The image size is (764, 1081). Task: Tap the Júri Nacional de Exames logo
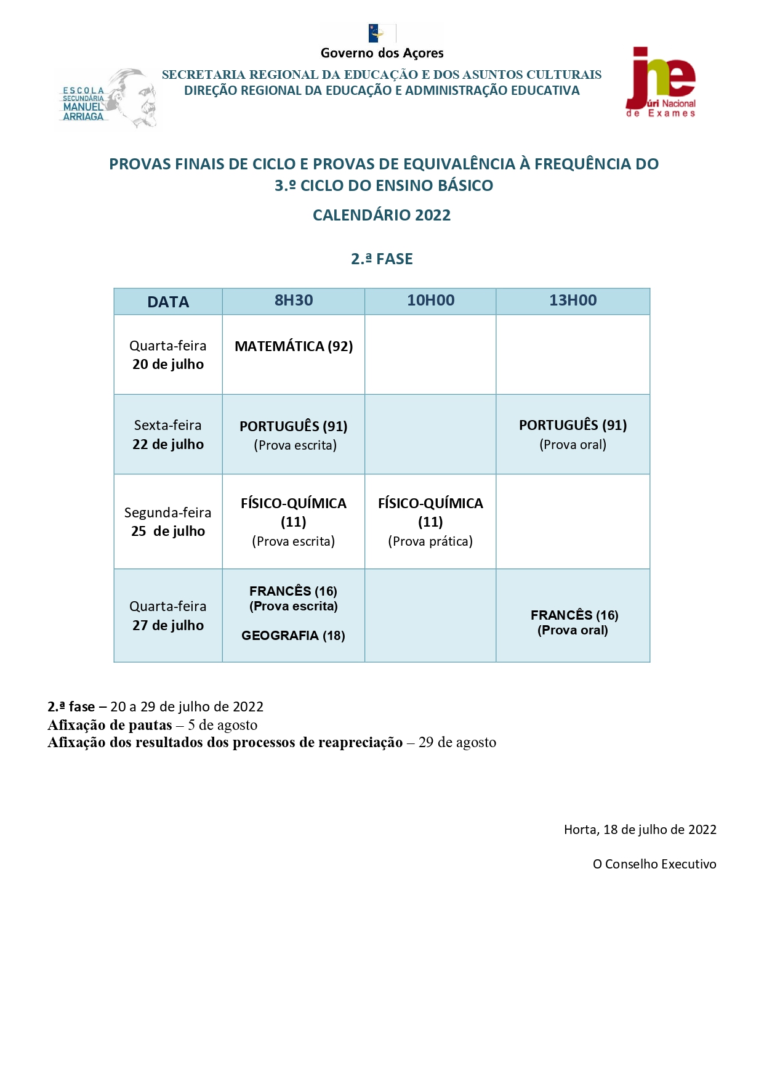click(661, 83)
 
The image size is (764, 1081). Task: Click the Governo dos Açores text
click(382, 53)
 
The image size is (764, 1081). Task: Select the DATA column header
click(168, 302)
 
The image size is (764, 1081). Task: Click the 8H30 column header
click(294, 301)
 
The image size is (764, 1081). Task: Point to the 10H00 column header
click(430, 301)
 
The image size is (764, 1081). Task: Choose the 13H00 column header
click(573, 301)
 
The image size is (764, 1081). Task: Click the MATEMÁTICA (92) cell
click(294, 346)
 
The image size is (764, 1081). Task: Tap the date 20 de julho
click(168, 365)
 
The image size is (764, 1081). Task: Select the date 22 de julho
click(168, 444)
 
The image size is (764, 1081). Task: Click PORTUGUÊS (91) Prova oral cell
click(573, 434)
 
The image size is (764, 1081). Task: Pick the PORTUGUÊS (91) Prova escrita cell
click(294, 435)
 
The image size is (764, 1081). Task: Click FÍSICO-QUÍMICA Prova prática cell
click(430, 522)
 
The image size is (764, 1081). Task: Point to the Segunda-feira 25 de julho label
click(168, 522)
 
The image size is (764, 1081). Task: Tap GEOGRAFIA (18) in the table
click(293, 636)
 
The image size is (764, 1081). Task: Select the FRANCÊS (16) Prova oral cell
click(574, 622)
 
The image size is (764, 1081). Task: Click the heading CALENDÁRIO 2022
click(382, 215)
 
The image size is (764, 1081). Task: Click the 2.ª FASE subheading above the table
click(382, 259)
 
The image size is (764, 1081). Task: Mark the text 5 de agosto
click(223, 725)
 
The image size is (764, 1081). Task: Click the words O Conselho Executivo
click(654, 864)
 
